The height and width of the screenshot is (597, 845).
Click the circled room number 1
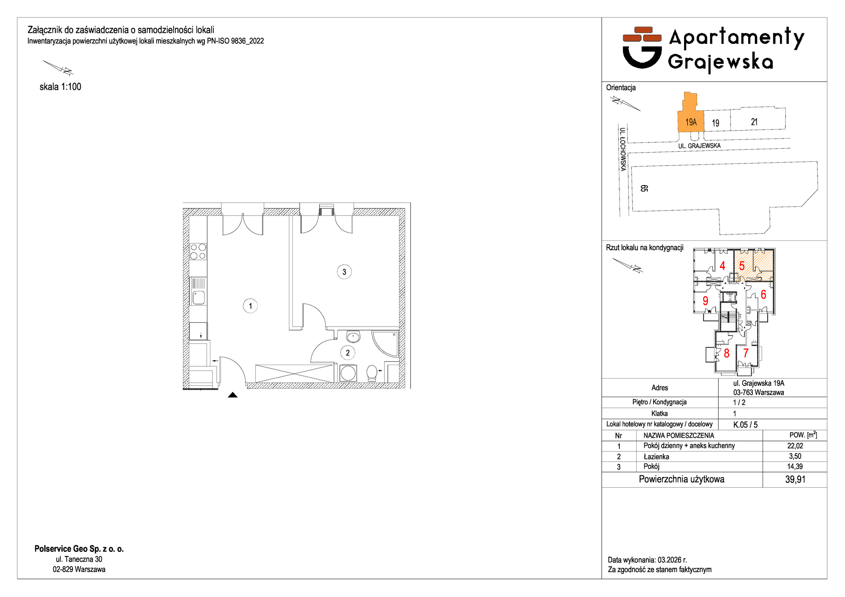point(251,306)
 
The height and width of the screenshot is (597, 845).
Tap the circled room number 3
point(344,272)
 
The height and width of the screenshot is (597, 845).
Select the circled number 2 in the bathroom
point(348,353)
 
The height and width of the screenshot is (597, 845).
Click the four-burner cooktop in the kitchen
point(198,251)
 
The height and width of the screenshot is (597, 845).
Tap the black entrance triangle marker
point(233,395)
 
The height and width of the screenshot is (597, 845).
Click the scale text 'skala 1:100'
point(60,87)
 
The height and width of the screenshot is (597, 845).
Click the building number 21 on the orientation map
point(754,122)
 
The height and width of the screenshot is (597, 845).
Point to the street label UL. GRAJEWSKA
point(699,146)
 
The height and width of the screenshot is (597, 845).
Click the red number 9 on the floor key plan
point(705,301)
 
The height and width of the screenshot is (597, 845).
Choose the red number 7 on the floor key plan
point(746,353)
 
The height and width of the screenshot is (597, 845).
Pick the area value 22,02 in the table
point(795,446)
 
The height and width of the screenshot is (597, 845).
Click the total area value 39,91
point(795,480)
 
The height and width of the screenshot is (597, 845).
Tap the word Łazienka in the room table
point(656,456)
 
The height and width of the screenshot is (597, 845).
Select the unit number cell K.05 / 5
point(745,425)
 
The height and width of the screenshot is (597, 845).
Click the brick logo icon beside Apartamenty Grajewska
point(642,47)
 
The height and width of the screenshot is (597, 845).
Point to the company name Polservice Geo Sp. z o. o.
point(79,549)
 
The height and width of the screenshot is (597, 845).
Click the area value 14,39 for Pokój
point(795,466)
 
